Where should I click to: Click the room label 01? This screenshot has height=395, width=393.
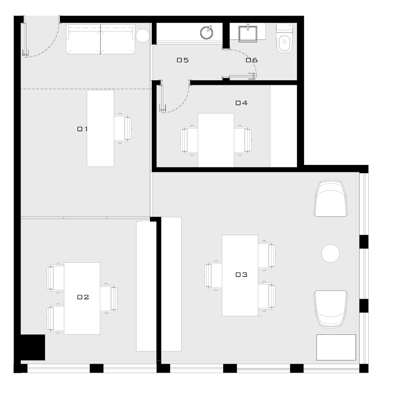82,129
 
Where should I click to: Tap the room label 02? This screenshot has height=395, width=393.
83,297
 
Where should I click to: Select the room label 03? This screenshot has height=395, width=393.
241,275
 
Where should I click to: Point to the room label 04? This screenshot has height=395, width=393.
241,103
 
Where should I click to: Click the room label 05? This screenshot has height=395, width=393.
183,60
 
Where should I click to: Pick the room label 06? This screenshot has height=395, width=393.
252,60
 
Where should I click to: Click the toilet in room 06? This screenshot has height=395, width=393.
284,38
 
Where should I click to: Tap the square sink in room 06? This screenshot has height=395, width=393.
248,34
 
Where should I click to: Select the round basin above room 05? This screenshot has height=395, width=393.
207,33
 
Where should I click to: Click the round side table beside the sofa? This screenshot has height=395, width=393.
143,36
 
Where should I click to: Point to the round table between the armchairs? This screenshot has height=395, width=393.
330,253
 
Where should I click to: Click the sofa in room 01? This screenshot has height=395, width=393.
100,39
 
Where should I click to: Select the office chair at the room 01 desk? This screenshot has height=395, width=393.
123,128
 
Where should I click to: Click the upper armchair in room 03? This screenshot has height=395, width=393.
331,197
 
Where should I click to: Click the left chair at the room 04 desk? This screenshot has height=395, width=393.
189,140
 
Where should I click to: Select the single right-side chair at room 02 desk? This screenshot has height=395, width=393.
109,299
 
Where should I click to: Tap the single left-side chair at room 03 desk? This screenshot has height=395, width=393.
213,275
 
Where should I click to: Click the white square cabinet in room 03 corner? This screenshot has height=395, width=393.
336,347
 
